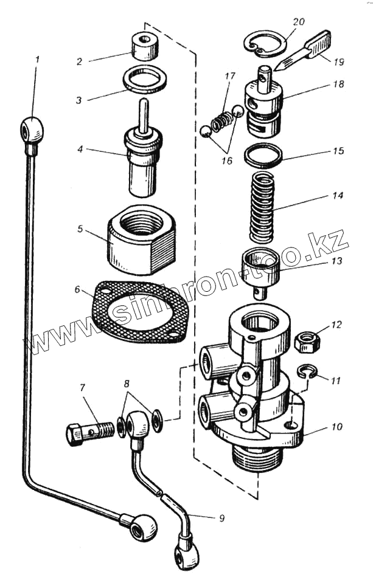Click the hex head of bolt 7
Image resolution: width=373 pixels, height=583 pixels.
coord(75,434)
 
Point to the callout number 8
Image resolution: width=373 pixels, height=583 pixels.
coord(127,384)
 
